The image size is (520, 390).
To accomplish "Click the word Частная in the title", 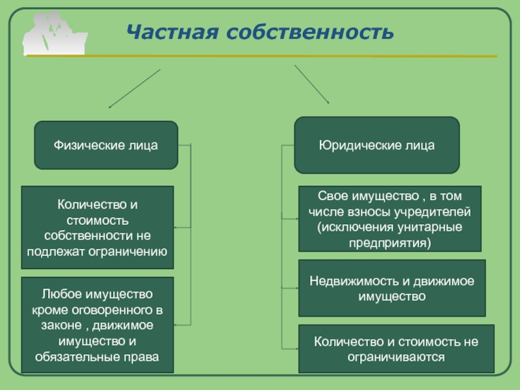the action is [x=172, y=32].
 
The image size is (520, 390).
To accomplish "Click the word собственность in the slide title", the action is [x=311, y=32].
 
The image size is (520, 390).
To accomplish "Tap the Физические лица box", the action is [x=106, y=145].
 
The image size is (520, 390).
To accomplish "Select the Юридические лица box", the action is [x=377, y=145].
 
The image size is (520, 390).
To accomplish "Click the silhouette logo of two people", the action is [x=55, y=33].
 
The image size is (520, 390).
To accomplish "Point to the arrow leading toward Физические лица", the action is [x=135, y=88].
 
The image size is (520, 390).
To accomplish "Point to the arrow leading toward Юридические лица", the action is [x=312, y=84].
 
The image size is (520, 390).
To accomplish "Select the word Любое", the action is [x=57, y=294].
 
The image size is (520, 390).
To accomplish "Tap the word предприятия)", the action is [x=389, y=243].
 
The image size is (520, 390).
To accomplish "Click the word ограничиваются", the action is [x=396, y=357].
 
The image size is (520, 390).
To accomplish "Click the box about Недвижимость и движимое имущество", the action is [x=392, y=288].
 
